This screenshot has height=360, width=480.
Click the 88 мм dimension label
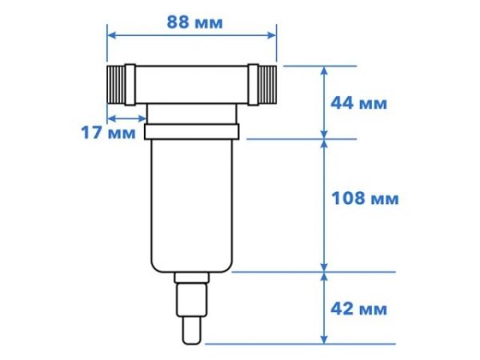195,22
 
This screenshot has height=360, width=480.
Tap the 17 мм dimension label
108,133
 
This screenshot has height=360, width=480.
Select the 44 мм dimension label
358,103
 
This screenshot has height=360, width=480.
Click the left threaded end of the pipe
121,83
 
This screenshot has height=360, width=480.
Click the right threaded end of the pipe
262,83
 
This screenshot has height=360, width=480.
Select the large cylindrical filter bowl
191,204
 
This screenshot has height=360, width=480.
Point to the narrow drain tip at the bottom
191,330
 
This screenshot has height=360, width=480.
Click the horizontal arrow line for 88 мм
191,36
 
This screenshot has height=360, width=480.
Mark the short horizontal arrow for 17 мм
125,113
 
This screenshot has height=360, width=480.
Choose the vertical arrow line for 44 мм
323,102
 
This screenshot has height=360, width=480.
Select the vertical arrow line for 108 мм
323,205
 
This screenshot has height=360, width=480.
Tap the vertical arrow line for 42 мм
323,307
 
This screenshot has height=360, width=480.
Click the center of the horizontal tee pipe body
191,83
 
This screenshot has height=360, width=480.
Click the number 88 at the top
178,22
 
